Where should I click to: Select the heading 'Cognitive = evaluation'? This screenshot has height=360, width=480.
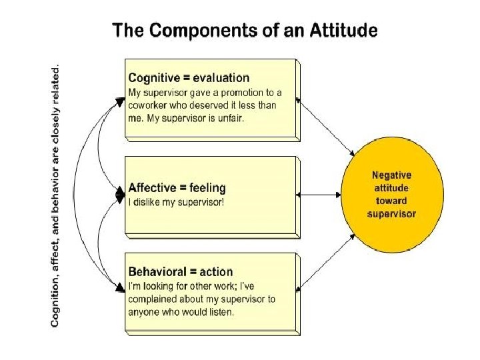pyautogui.click(x=189, y=79)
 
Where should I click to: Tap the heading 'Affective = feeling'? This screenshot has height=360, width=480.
pyautogui.click(x=177, y=188)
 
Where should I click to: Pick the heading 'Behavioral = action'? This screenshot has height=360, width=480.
pyautogui.click(x=180, y=272)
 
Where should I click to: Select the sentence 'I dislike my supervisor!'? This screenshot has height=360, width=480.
pyautogui.click(x=176, y=202)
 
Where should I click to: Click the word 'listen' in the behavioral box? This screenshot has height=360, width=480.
pyautogui.click(x=221, y=312)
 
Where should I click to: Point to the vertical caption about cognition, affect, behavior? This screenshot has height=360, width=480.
pyautogui.click(x=56, y=195)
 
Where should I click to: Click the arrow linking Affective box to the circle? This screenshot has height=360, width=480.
pyautogui.click(x=320, y=195)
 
